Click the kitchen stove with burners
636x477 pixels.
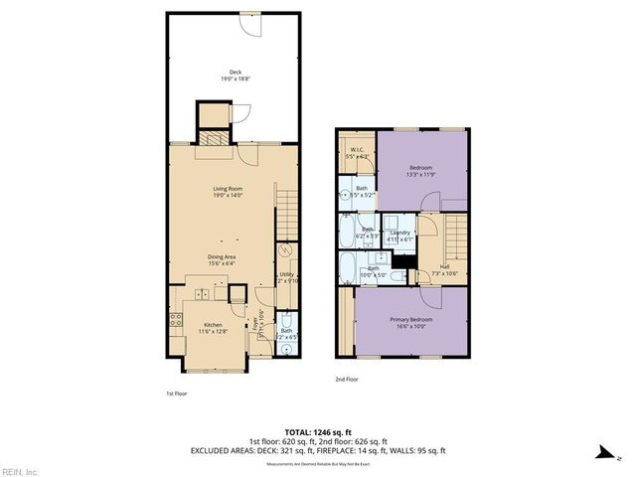[175, 320]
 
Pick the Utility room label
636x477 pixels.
[285, 275]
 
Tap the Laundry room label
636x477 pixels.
[399, 236]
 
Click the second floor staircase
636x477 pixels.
[456, 238]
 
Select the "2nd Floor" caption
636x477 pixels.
[346, 380]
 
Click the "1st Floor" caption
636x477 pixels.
[176, 395]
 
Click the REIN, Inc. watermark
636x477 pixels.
[20, 471]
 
